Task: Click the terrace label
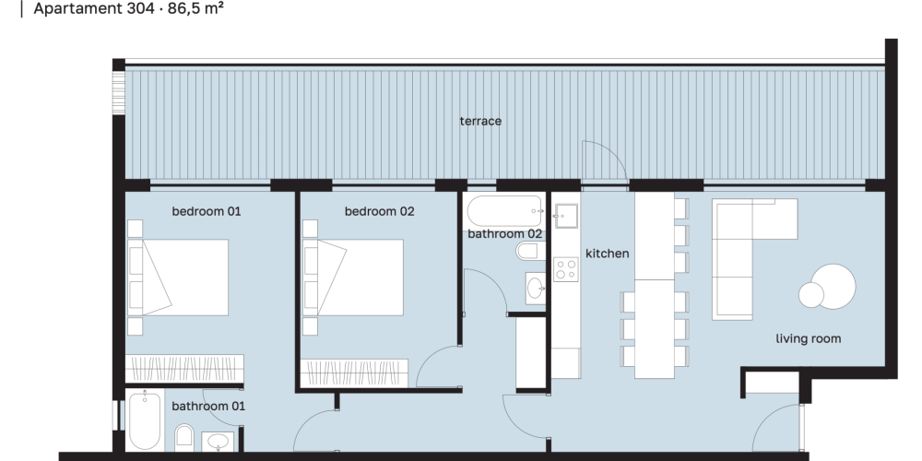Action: (480, 121)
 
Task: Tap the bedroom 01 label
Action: (207, 211)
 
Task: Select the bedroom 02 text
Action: (379, 211)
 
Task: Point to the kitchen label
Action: (608, 254)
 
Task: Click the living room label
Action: (808, 338)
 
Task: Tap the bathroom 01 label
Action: (208, 407)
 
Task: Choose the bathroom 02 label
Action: (504, 234)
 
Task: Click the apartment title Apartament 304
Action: (94, 9)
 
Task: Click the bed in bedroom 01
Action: (178, 278)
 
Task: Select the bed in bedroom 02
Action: (353, 278)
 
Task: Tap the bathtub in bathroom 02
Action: (505, 211)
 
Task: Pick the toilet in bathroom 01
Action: (184, 437)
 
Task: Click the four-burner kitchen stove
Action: (566, 269)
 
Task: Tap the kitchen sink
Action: (566, 216)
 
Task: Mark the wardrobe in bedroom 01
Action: (184, 370)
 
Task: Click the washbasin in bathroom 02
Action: (535, 288)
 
